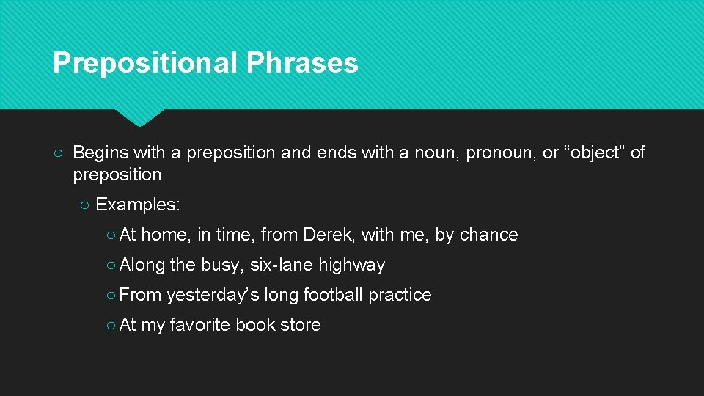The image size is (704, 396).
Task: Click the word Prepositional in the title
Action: click(145, 63)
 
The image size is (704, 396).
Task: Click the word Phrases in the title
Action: click(302, 63)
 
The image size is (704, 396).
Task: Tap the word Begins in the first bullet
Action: click(100, 153)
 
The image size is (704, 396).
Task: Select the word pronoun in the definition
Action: click(499, 153)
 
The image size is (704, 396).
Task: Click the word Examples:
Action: click(138, 205)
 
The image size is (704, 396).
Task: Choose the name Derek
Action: click(329, 235)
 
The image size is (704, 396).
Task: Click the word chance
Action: click(488, 235)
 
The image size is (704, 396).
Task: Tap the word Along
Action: click(142, 265)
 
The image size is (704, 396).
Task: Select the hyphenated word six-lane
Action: click(281, 265)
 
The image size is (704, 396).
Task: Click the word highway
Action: click(351, 265)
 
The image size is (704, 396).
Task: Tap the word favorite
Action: click(200, 325)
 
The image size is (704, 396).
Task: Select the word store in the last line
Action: click(301, 325)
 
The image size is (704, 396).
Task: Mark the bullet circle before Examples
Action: click(84, 205)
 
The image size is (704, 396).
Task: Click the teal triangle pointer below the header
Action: click(139, 117)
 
